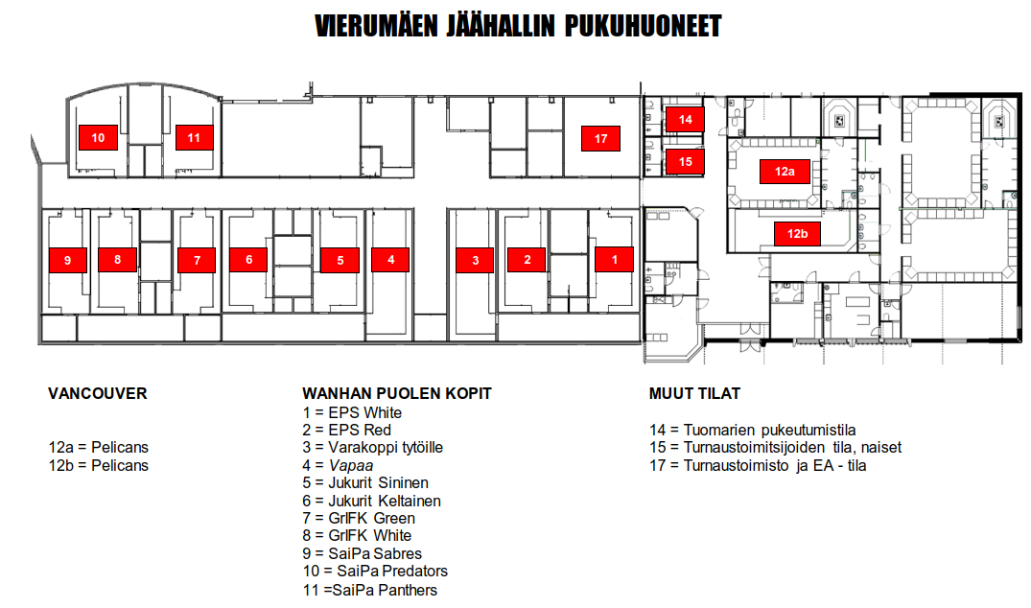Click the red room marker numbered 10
point(98,137)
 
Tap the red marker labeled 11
point(194,137)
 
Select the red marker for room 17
point(600,139)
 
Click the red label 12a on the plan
point(785,172)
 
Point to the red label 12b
point(798,233)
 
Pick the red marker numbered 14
point(685,120)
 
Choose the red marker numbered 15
point(685,162)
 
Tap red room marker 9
point(68,260)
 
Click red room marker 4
point(390,260)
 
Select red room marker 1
point(614,260)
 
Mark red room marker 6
point(248,260)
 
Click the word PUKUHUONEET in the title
point(644,26)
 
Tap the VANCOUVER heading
point(97,394)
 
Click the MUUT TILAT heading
point(694,394)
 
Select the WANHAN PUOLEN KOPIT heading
point(396,394)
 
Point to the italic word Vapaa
point(351,465)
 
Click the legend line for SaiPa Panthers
point(370,590)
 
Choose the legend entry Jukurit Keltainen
point(371,501)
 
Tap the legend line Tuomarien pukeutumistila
point(752,431)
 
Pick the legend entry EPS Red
point(346,430)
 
